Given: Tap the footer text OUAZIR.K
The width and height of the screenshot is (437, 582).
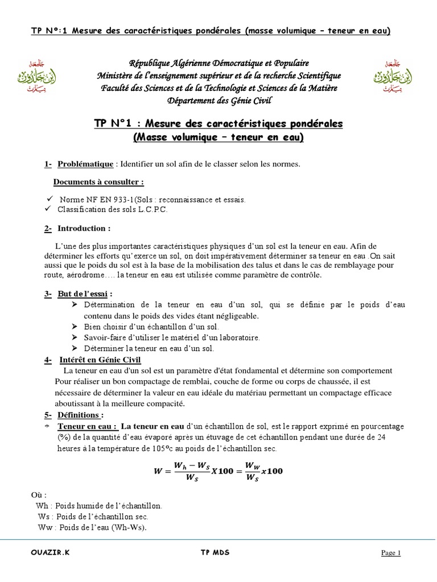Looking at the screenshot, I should (x=48, y=552).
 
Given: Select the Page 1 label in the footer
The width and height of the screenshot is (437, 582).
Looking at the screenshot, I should (x=391, y=553).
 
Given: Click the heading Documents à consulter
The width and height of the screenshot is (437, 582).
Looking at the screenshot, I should (x=98, y=182).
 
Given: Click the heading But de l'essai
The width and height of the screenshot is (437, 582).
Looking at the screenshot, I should (x=84, y=294).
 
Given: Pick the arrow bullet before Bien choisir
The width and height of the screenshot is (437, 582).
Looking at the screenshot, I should (x=75, y=327).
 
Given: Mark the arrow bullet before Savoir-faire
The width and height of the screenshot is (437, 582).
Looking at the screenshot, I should (x=75, y=337).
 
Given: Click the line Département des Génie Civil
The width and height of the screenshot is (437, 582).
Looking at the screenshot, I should (x=218, y=101).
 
